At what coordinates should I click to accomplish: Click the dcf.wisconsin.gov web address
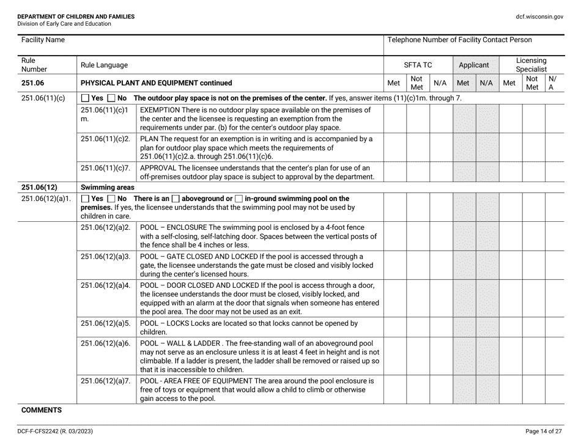(539, 17)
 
